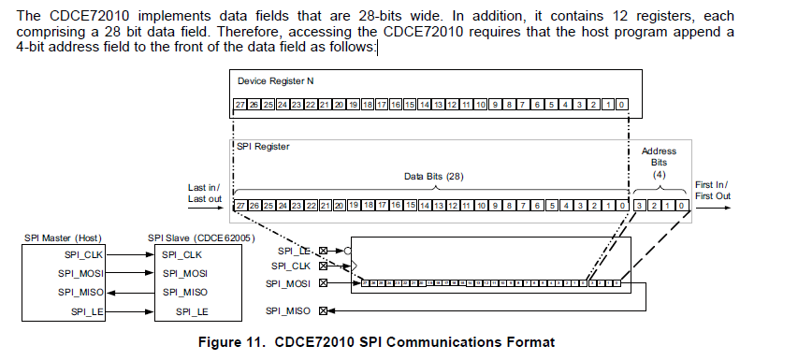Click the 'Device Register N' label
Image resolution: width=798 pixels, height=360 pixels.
click(276, 82)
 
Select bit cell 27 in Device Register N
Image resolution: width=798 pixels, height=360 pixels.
click(239, 105)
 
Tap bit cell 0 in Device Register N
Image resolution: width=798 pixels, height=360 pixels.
click(622, 105)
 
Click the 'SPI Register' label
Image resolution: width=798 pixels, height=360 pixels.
click(262, 147)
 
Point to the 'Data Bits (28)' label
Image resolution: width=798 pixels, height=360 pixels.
click(433, 176)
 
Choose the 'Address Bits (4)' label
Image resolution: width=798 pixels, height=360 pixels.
click(659, 165)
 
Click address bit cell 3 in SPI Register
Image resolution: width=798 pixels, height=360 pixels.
click(639, 205)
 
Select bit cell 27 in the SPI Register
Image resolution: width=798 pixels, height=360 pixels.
click(240, 205)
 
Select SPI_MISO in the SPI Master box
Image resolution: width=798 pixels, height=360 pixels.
click(80, 292)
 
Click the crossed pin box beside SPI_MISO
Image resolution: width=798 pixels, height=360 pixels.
click(323, 310)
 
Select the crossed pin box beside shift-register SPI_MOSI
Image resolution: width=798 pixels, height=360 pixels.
click(323, 282)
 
